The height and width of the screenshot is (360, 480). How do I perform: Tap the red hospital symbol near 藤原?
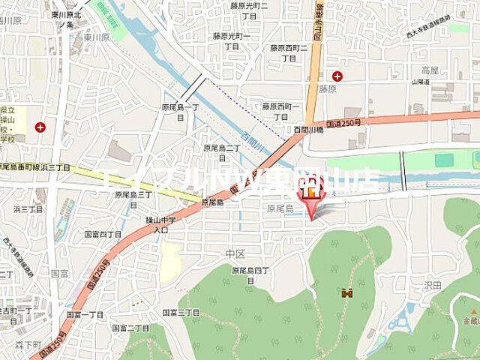(x=337, y=76)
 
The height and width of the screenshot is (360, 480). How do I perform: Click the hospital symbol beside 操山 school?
(x=40, y=127)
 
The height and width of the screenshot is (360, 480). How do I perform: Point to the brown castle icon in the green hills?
(x=346, y=294)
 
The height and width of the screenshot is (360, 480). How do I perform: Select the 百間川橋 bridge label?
(x=307, y=130)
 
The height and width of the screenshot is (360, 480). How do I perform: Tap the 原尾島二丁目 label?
(x=221, y=152)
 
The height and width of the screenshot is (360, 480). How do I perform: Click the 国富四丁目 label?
(x=103, y=234)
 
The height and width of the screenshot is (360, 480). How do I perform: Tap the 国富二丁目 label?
(x=130, y=328)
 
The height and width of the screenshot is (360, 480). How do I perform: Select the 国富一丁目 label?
(x=85, y=314)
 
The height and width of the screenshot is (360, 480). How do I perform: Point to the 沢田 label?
(x=432, y=286)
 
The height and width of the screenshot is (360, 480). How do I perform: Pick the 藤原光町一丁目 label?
(x=231, y=40)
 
